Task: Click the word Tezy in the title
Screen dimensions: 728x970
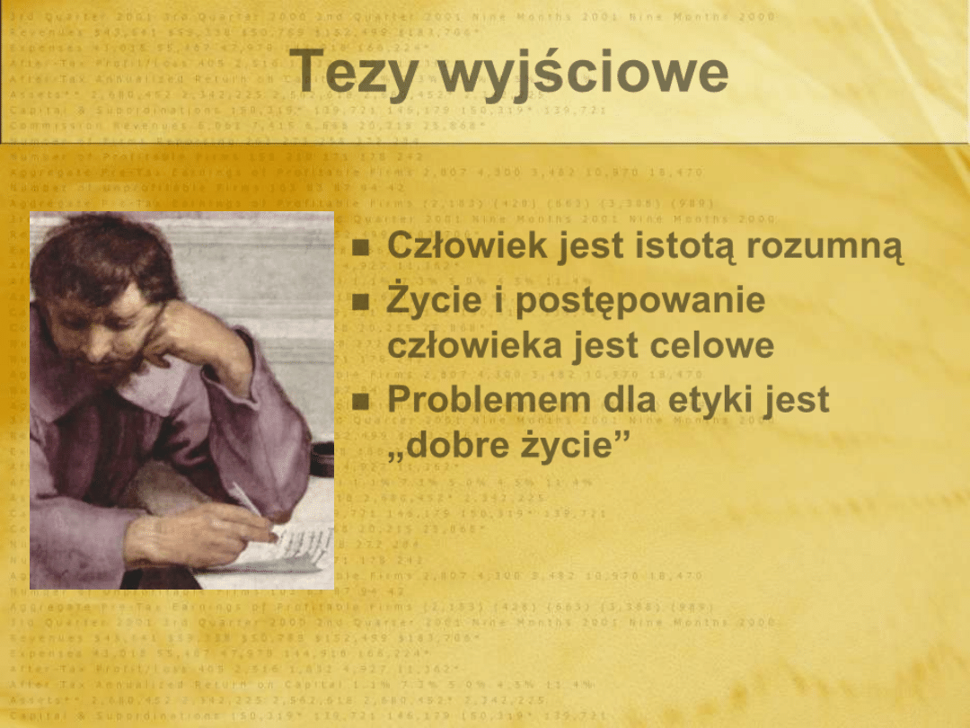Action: click(x=349, y=72)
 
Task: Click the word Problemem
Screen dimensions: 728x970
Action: click(x=489, y=400)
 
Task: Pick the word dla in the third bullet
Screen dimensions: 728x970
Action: click(x=632, y=400)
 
